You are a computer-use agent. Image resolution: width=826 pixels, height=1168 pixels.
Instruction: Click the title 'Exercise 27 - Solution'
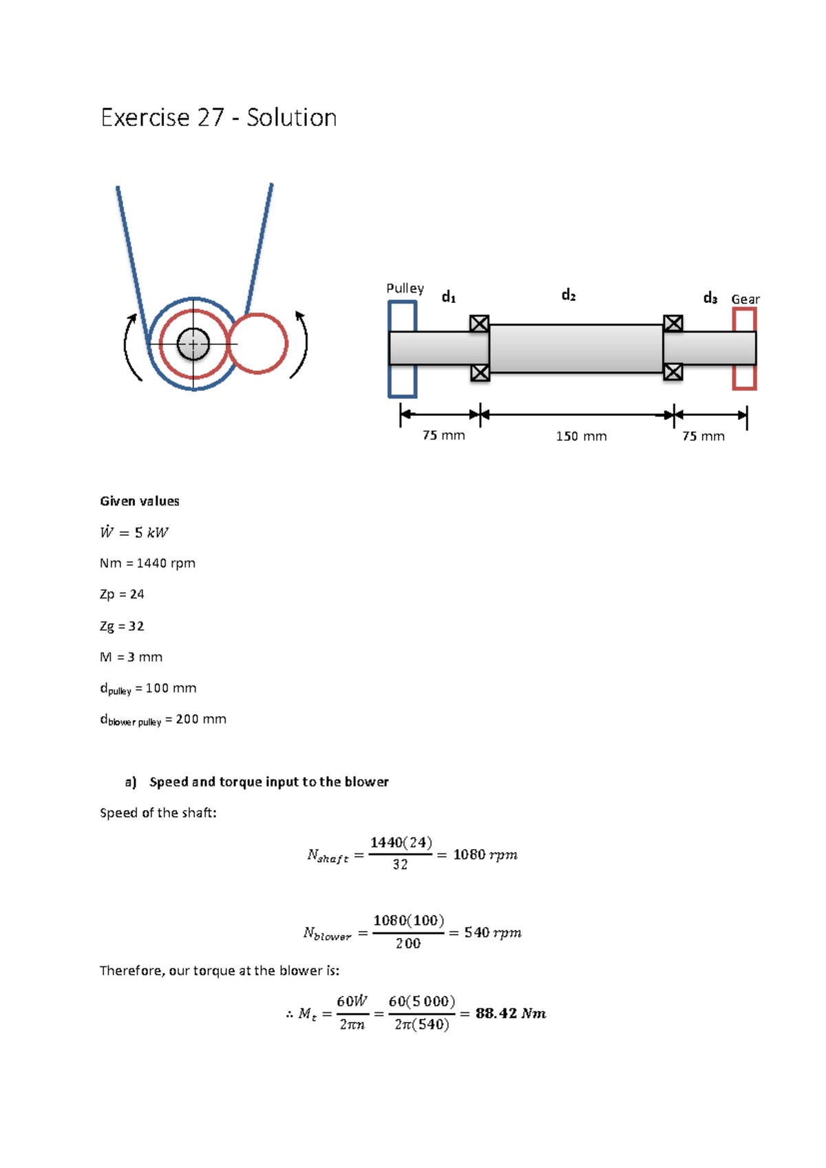pos(218,118)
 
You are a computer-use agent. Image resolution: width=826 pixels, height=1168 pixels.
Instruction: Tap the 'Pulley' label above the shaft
pos(405,288)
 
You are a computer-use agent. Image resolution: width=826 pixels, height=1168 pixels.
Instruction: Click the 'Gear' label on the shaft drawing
pos(745,299)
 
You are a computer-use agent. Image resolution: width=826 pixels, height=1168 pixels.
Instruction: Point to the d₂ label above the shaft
pos(568,295)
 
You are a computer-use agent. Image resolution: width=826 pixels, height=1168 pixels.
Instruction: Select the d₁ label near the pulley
pos(448,297)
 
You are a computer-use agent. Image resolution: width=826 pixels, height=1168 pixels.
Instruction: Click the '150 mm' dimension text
pos(581,436)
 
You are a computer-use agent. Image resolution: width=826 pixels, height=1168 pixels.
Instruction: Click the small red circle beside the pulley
pos(258,344)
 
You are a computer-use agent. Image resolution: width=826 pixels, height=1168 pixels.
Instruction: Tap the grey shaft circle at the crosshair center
pos(193,344)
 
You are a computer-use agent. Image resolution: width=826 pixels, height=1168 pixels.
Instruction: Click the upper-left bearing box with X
pos(479,324)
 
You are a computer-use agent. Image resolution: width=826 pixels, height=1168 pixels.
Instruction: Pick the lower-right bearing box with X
pos(673,372)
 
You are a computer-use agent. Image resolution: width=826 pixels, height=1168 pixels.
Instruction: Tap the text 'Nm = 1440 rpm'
pos(147,563)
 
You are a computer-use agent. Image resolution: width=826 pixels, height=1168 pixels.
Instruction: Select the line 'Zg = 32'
pos(122,626)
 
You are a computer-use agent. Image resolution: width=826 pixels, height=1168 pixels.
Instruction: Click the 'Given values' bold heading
pos(140,501)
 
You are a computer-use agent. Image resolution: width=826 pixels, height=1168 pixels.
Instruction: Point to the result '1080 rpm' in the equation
pos(485,855)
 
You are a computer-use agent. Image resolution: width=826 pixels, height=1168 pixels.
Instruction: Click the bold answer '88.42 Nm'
pos(510,1013)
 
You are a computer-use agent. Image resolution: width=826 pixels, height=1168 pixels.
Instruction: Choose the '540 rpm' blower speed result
pos(492,932)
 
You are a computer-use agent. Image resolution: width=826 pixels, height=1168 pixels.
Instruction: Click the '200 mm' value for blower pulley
pos(200,719)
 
